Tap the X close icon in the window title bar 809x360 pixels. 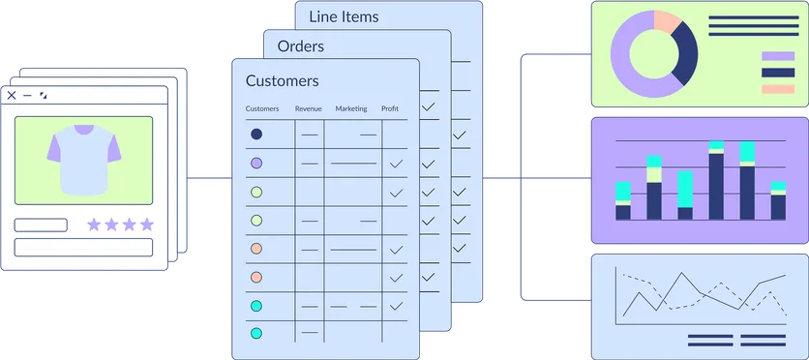tap(12, 96)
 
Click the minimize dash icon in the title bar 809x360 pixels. tap(27, 96)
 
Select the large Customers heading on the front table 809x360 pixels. tap(282, 81)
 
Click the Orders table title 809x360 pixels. tap(301, 46)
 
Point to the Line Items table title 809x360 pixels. tap(344, 16)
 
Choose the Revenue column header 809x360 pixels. tap(308, 109)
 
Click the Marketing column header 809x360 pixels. tap(351, 109)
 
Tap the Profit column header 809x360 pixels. tap(390, 109)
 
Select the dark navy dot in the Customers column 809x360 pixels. tap(256, 135)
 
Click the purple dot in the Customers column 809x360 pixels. tap(256, 164)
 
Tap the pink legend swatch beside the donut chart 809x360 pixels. tap(778, 89)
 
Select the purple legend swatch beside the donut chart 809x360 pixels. tap(778, 56)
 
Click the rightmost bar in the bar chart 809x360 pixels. tap(778, 200)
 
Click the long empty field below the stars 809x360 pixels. tap(83, 247)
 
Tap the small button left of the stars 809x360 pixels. tap(41, 225)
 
